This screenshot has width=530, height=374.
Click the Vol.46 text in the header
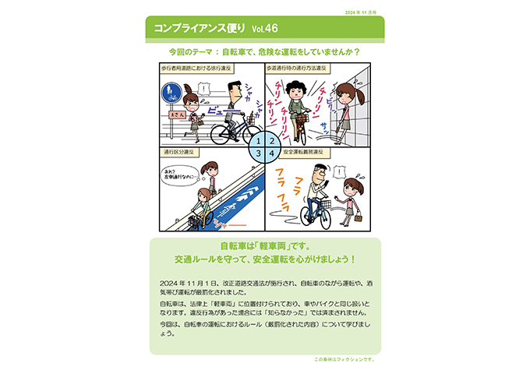tap(266, 28)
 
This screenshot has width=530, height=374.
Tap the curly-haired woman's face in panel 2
tap(297, 90)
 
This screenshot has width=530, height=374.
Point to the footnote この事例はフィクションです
tap(344, 359)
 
